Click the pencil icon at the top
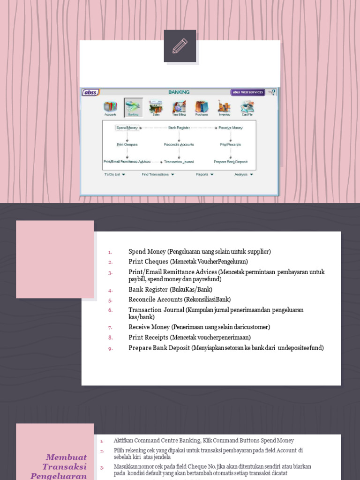click(180, 46)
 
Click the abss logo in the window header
click(90, 92)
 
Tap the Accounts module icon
click(110, 107)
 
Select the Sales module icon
click(156, 107)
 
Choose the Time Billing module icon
click(179, 107)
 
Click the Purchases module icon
click(202, 107)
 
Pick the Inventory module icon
click(224, 107)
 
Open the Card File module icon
click(247, 107)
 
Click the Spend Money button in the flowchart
click(127, 127)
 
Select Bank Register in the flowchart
click(179, 127)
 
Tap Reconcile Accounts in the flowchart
click(179, 144)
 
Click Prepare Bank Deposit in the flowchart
click(230, 162)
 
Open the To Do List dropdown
click(114, 174)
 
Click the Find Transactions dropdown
click(158, 174)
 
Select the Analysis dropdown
click(244, 174)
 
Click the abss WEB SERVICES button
click(247, 92)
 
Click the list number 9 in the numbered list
click(111, 348)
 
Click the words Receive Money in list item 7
click(149, 327)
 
